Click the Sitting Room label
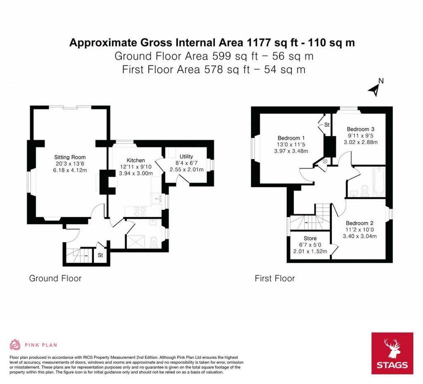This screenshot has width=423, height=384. tap(70, 157)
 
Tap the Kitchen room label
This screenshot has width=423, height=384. tap(135, 160)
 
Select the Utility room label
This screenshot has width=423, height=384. tap(186, 156)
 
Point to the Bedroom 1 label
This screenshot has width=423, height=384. tap(291, 138)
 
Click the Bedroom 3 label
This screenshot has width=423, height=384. tap(361, 129)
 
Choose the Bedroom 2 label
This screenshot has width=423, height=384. tap(360, 223)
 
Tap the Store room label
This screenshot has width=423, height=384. tap(310, 238)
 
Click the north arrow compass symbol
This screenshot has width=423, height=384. tap(375, 88)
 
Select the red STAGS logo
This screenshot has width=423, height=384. tap(392, 353)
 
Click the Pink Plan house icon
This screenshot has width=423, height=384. tap(15, 345)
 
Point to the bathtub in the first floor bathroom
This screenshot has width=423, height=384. tap(379, 182)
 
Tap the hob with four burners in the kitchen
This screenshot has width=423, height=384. tap(140, 211)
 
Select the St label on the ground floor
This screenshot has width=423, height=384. tap(100, 255)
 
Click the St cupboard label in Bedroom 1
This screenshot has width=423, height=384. tap(327, 125)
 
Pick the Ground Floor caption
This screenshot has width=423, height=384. tap(55, 278)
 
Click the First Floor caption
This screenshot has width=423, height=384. tap(275, 278)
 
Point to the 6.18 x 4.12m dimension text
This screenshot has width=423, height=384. tap(70, 170)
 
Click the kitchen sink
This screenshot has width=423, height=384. tap(157, 199)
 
